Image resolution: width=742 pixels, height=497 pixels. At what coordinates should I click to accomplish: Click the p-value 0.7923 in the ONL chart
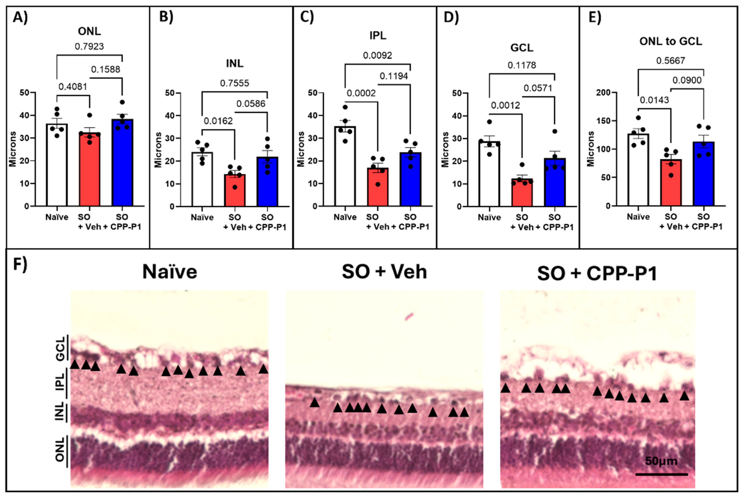pos(89,47)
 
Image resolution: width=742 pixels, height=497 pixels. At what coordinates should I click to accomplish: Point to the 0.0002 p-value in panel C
pos(361,93)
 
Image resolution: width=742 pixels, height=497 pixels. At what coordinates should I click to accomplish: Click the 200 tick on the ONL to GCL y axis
pos(603,93)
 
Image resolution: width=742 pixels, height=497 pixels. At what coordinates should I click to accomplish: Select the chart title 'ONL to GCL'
pos(670,42)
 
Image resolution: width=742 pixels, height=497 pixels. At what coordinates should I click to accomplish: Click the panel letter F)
pos(20,264)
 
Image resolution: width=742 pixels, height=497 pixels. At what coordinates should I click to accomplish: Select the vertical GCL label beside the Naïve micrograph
pos(60,349)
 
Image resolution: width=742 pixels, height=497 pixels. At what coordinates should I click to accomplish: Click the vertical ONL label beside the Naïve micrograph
pos(60,449)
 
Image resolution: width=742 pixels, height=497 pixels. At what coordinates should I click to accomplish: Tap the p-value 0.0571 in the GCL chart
pos(538,88)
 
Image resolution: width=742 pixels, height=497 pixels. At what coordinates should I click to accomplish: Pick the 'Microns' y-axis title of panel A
pos(13,149)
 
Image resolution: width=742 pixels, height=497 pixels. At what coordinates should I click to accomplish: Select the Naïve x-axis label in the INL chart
pos(202,217)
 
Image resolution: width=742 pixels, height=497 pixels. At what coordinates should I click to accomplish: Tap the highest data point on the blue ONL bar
pos(122,102)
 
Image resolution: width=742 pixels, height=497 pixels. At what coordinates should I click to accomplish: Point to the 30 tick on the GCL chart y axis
pos(457,138)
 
